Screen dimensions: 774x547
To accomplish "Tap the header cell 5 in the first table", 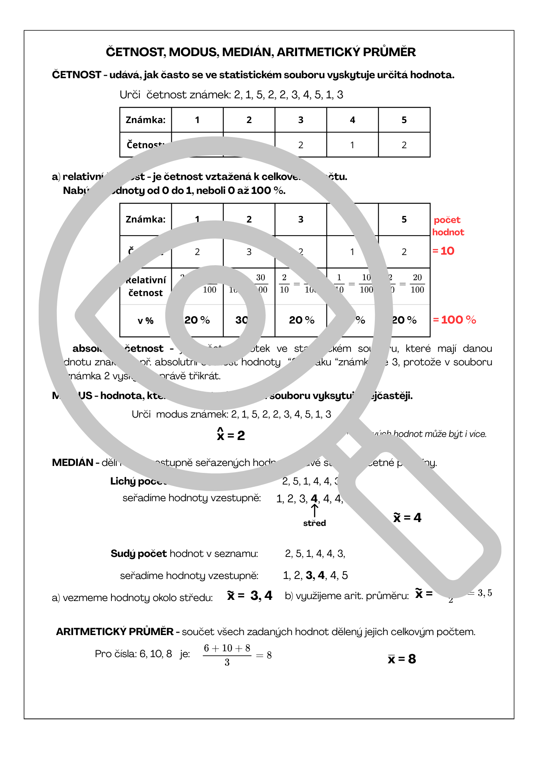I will pos(404,120).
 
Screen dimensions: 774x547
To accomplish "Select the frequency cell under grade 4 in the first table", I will pos(352,145).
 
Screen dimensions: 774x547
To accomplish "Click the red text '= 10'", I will pos(443,251).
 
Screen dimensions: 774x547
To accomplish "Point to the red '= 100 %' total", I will pos(454,320).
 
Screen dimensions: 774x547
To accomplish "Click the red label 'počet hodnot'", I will pos(448,226).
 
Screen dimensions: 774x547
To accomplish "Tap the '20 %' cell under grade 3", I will pos(301,320).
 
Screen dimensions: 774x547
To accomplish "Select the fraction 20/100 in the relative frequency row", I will pos(417,284).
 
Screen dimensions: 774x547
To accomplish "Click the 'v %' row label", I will pos(145,321).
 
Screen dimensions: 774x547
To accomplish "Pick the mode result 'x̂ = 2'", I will pos(231,435).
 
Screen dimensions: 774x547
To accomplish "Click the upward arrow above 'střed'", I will pos(315,510).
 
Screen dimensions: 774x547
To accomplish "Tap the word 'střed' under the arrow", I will pos(315,523).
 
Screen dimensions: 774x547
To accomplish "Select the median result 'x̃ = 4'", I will pos(407,517).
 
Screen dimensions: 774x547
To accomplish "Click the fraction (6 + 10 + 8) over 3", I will pos(227,655).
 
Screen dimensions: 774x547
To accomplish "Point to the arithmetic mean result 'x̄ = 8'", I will pos(402,659).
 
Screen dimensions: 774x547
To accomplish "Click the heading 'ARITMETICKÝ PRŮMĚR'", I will pos(115,632).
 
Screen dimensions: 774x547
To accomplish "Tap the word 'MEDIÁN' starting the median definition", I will pos(73,462).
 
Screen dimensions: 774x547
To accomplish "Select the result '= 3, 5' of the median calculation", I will pos(480,593).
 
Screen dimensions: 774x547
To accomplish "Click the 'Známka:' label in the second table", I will pos(145,219).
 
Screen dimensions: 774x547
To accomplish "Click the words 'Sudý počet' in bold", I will pos(138,553).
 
